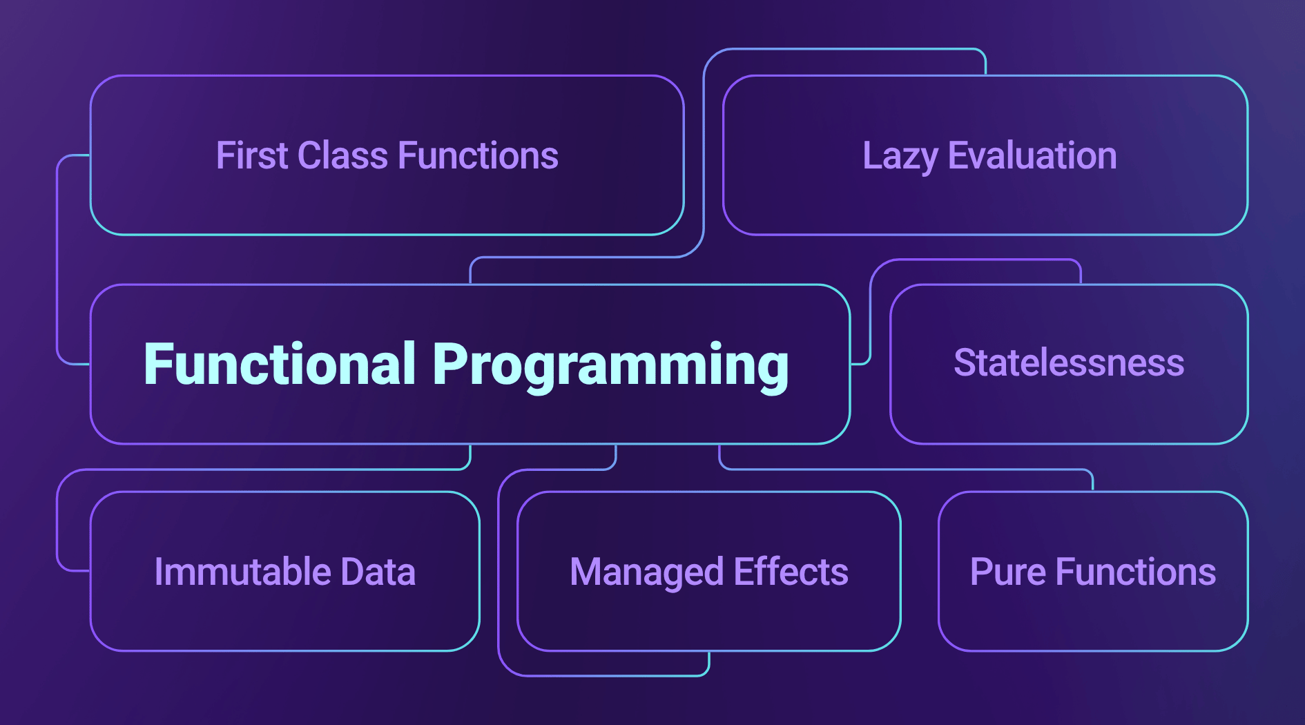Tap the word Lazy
pos(900,157)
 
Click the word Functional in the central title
pos(280,364)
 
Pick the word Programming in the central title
pos(610,366)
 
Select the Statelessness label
pos(1069,363)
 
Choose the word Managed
pos(646,573)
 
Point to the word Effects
pos(791,572)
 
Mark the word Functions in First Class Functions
pos(478,155)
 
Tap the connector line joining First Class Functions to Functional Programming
pos(57,262)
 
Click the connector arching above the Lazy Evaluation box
pos(842,49)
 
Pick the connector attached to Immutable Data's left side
pos(57,525)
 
